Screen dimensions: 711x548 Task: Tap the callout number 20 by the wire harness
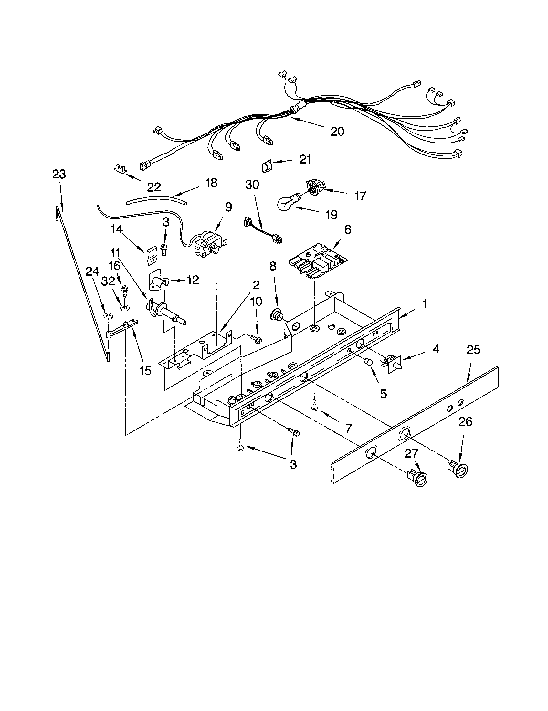click(x=337, y=132)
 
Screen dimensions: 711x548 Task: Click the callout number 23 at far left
click(x=59, y=175)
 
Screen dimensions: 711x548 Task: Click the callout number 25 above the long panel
click(x=473, y=350)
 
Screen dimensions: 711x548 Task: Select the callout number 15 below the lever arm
click(x=145, y=370)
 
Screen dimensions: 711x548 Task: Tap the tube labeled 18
click(x=156, y=199)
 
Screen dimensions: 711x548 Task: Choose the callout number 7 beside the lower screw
click(x=348, y=429)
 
